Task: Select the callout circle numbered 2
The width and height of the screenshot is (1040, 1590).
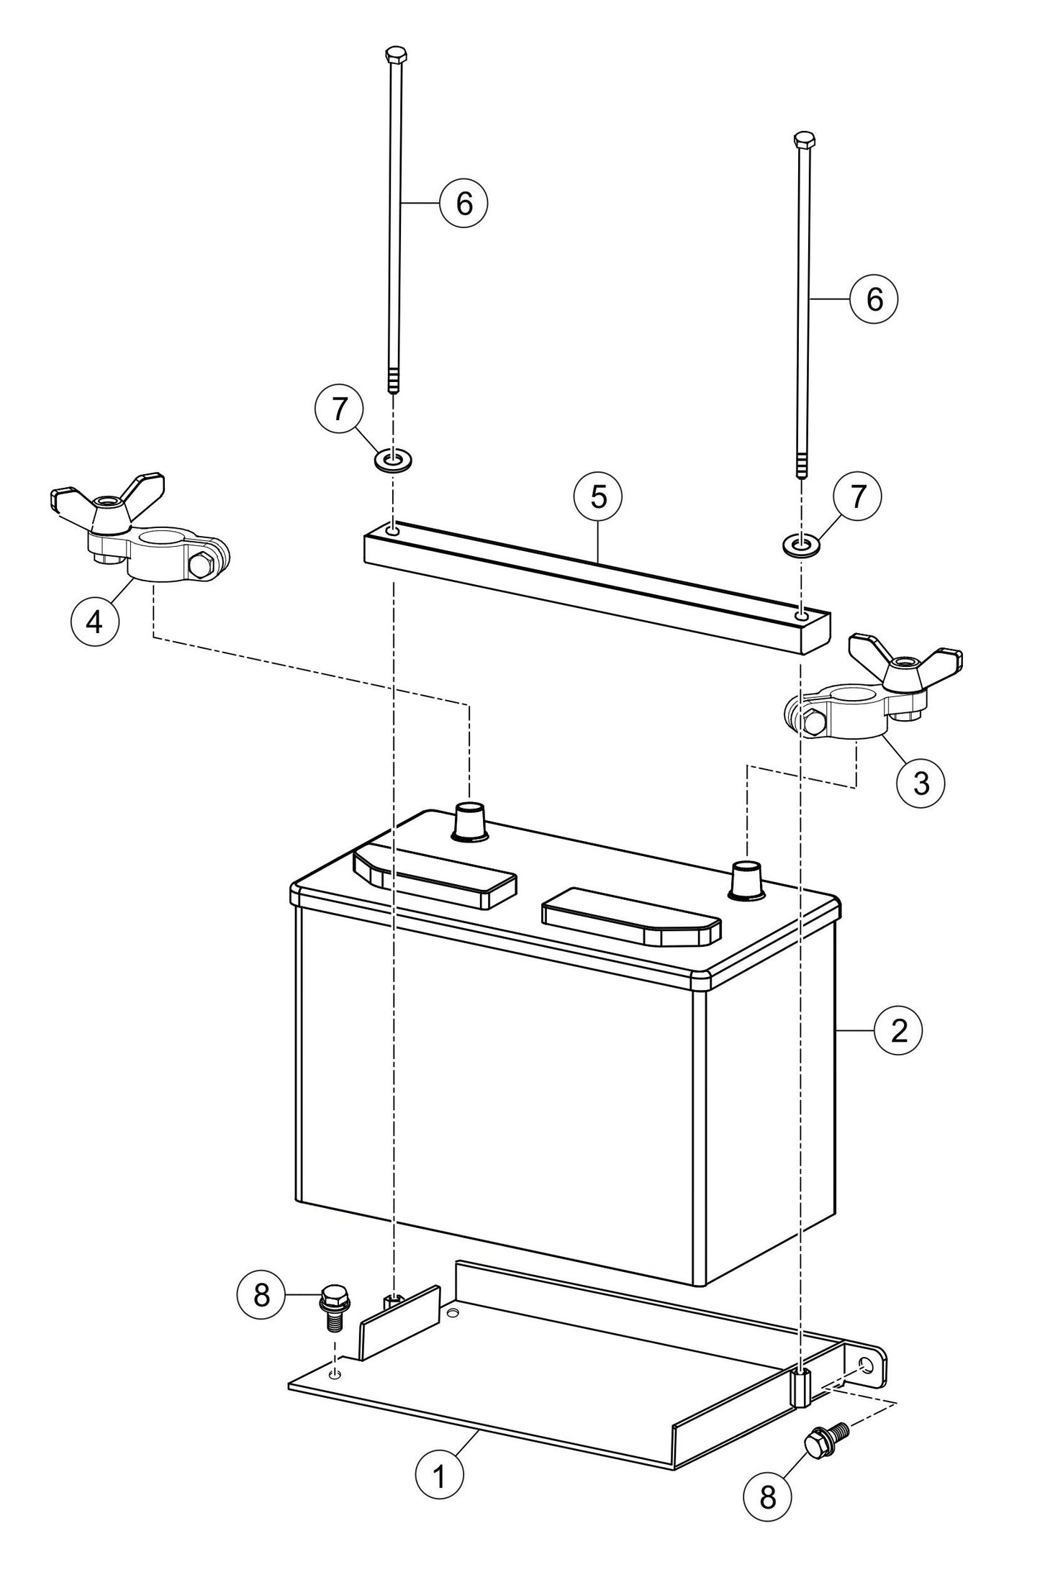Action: pyautogui.click(x=897, y=1031)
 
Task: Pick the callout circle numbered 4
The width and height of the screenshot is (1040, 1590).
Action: pyautogui.click(x=94, y=621)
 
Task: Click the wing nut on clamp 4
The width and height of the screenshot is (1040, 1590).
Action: pyautogui.click(x=108, y=502)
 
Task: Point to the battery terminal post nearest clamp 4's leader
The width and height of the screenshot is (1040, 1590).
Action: pyautogui.click(x=470, y=822)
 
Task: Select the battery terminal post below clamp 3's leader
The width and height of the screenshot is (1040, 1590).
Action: pyautogui.click(x=747, y=880)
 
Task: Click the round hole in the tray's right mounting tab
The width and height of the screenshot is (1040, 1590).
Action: pyautogui.click(x=866, y=1366)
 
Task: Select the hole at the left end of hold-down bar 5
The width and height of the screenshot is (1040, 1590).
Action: pyautogui.click(x=392, y=530)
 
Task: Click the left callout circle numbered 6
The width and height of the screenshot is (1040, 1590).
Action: pyautogui.click(x=464, y=204)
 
